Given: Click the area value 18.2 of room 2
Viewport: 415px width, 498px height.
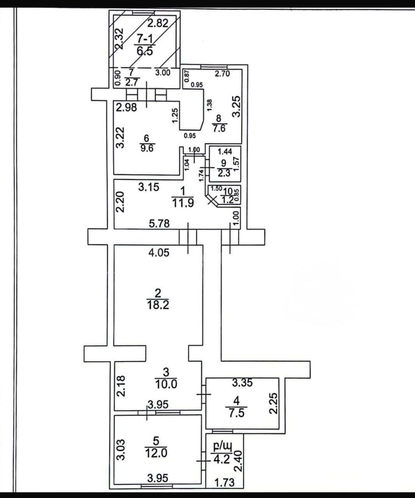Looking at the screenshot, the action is point(158,305).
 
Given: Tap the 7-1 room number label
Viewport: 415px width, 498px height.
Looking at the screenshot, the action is point(144,38).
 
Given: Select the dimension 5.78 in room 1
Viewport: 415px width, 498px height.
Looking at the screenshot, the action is point(159,223).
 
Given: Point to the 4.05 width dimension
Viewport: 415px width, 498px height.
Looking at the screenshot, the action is point(159,253).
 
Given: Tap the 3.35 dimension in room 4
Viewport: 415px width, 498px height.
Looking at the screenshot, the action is point(243,383).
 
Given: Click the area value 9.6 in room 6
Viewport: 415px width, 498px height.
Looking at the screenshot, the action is point(147,148).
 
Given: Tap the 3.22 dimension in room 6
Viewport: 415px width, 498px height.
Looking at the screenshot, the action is point(121,138).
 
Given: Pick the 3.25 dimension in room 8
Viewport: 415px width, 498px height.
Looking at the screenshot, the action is point(237,106).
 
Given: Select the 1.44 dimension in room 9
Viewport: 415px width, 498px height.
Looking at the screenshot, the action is point(225,151).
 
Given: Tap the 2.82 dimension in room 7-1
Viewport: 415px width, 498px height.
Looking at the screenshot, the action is point(158,23).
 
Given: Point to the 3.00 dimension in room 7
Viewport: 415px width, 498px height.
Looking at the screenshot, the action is point(163,72).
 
